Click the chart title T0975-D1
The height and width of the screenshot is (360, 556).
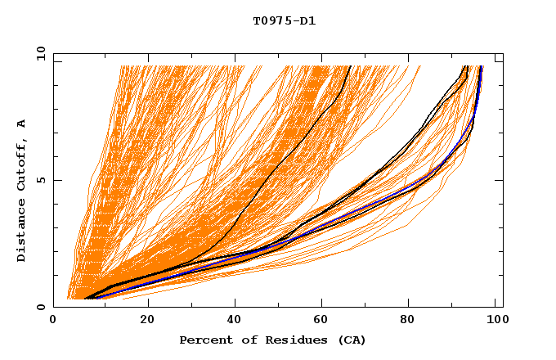pos(284,21)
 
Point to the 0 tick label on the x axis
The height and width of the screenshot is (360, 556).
pos(53,321)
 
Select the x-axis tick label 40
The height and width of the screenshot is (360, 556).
pos(235,321)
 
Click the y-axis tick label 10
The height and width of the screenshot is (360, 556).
pos(39,54)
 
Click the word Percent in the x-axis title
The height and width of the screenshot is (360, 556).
pos(204,340)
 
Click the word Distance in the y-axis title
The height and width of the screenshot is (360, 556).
pos(22,232)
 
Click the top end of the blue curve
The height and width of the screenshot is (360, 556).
pos(481,66)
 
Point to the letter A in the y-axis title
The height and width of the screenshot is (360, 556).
pos(22,123)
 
